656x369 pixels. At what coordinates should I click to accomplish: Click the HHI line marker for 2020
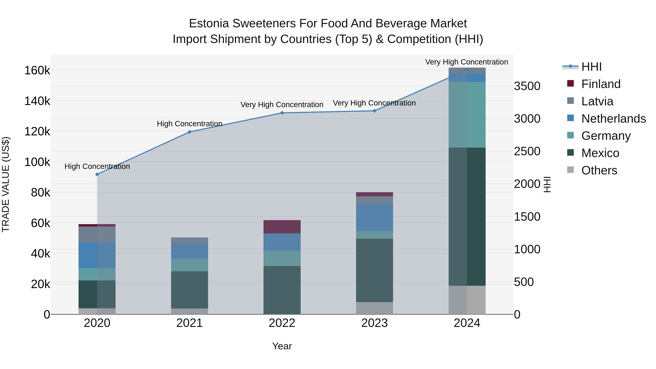97,174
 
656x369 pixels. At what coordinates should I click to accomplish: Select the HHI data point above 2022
282,113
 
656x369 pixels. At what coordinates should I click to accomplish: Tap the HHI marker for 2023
374,111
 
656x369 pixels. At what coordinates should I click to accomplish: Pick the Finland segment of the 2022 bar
282,227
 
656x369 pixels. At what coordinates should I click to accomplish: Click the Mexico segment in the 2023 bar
374,270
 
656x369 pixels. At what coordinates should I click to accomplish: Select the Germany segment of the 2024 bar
467,115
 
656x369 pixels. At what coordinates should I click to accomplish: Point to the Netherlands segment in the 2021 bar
190,251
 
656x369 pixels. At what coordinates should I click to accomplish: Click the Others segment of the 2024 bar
467,300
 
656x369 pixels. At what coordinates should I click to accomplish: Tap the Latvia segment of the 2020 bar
97,234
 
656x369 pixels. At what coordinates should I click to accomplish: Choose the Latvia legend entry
597,101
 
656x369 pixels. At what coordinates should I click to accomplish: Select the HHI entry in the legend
591,67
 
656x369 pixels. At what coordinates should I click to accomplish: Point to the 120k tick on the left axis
37,132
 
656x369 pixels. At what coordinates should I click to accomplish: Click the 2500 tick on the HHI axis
527,151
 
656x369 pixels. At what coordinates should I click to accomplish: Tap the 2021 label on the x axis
190,323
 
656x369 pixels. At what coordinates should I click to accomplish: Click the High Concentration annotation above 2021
190,124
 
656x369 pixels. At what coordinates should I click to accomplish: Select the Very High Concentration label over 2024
466,62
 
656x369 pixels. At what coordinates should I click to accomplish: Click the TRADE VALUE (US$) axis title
6,184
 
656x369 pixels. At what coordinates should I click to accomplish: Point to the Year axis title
282,346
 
